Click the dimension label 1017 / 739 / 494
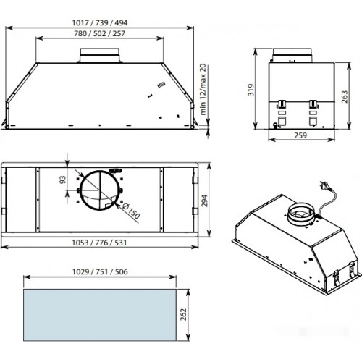pos(100,22)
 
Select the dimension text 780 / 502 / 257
pos(100,33)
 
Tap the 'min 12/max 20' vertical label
pos(203,89)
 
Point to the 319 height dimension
pos(251,90)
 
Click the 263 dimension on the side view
pos(345,97)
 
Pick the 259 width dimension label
pos(300,135)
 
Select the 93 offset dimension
pos(62,180)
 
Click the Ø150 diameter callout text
pos(131,211)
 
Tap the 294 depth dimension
pos(204,201)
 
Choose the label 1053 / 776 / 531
pos(99,243)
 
